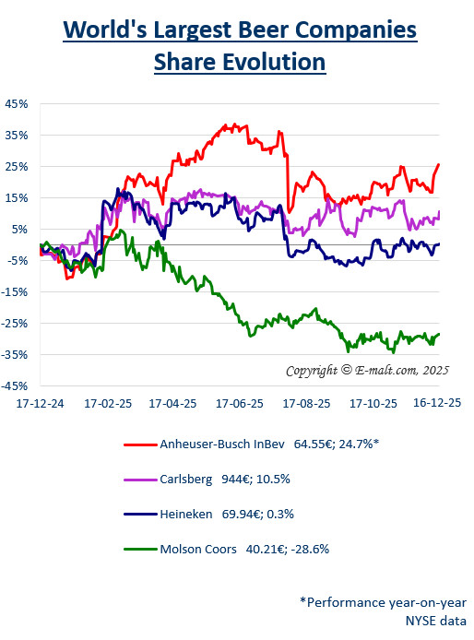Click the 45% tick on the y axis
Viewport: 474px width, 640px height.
(18, 103)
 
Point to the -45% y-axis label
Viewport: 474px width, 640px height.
(16, 386)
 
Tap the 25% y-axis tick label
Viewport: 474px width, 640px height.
(18, 166)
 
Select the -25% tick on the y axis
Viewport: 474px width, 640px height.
(16, 324)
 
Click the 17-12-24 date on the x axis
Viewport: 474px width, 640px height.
(40, 404)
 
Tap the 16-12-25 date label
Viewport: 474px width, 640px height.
(435, 404)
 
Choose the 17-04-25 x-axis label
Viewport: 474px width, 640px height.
(172, 404)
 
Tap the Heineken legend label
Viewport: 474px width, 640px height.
(187, 515)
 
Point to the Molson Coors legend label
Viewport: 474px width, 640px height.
(199, 550)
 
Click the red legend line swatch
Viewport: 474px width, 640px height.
(138, 444)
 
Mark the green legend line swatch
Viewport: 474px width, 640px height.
(138, 551)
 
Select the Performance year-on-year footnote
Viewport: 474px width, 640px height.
(382, 601)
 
